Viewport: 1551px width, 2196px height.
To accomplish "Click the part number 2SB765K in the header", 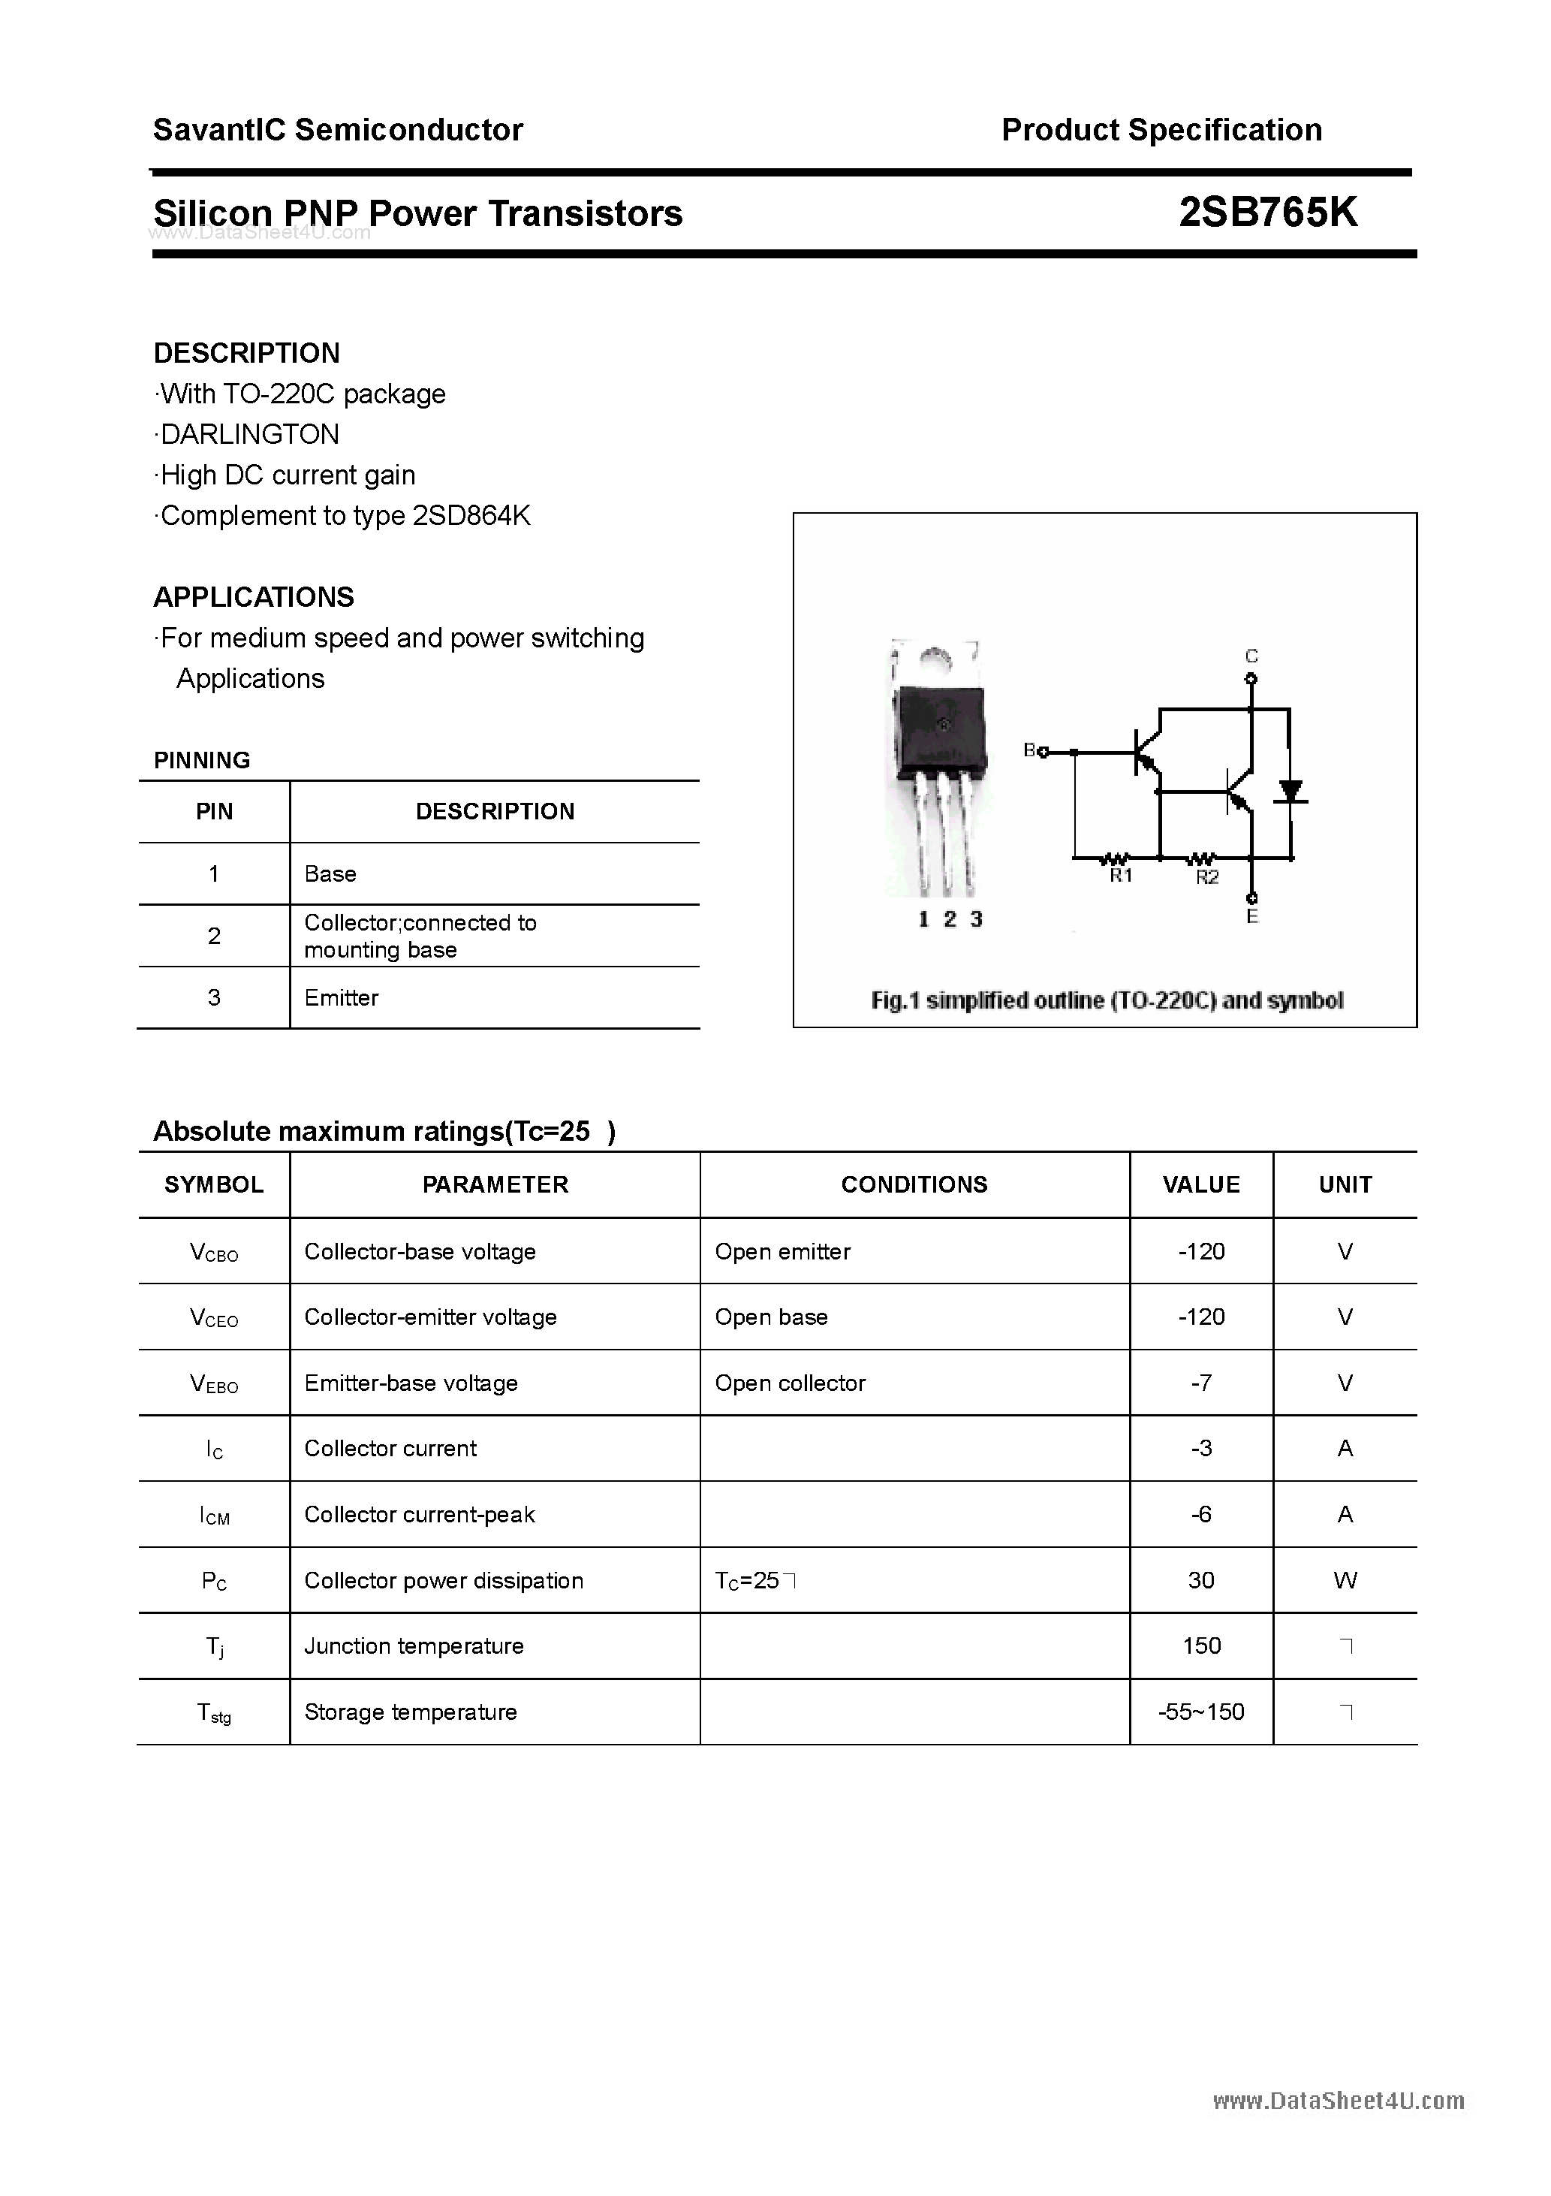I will click(x=1267, y=213).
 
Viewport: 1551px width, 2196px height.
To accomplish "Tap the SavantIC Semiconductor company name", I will click(x=338, y=130).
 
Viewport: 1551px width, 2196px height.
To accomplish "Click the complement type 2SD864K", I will click(x=471, y=515).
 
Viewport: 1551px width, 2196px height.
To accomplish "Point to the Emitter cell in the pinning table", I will click(x=342, y=997).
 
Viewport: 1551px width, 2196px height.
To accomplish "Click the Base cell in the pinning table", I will click(x=330, y=873).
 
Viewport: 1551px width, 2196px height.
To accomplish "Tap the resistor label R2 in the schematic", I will click(x=1206, y=877).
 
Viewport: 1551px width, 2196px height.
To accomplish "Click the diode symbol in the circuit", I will click(x=1291, y=792).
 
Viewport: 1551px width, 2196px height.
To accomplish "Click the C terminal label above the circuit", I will click(x=1251, y=656).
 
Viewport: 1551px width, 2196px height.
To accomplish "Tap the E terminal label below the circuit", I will click(x=1251, y=917).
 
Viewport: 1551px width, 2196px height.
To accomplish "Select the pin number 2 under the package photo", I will click(x=949, y=919).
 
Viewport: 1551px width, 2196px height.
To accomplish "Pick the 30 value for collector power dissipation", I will click(x=1201, y=1580).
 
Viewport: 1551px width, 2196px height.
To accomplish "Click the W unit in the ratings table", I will click(x=1345, y=1580).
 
